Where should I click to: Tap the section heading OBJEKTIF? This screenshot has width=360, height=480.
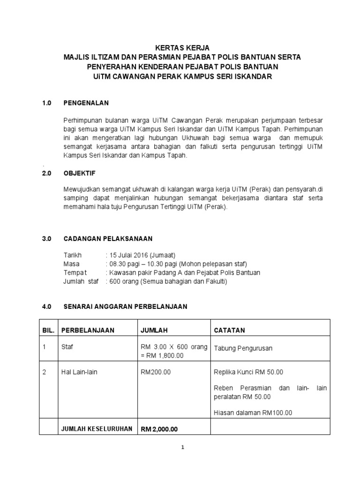(x=80, y=173)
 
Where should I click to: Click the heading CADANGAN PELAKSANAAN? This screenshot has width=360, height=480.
(x=108, y=238)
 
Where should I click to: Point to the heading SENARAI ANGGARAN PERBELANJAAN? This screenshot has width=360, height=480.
(x=125, y=307)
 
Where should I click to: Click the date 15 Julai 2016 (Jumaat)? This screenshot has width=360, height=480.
(x=142, y=255)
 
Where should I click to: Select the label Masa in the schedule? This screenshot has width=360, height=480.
(x=72, y=264)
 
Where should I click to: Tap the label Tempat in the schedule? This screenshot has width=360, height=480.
(x=75, y=273)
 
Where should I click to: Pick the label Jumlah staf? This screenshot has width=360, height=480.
(x=81, y=281)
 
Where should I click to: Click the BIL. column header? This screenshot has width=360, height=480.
(x=49, y=330)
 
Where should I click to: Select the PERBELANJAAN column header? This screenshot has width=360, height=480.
(x=88, y=330)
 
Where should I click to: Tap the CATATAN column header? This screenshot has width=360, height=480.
(x=229, y=330)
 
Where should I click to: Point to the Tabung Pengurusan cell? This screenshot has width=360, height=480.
(x=243, y=348)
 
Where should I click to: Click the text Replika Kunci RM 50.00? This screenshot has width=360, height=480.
(x=248, y=372)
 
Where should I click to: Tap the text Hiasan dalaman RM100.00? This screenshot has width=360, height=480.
(x=253, y=412)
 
